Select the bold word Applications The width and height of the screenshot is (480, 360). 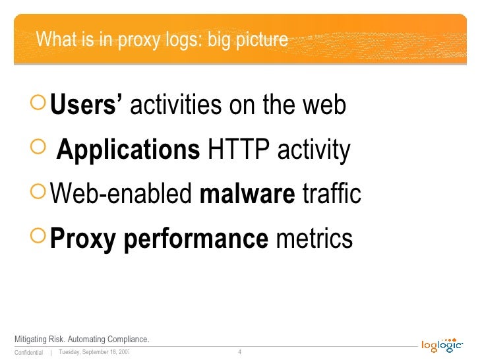click(128, 150)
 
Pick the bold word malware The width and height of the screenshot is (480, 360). click(247, 195)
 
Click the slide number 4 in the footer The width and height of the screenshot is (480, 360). click(239, 351)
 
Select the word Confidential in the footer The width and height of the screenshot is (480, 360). click(28, 352)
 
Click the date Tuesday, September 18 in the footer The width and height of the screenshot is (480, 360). click(93, 351)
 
